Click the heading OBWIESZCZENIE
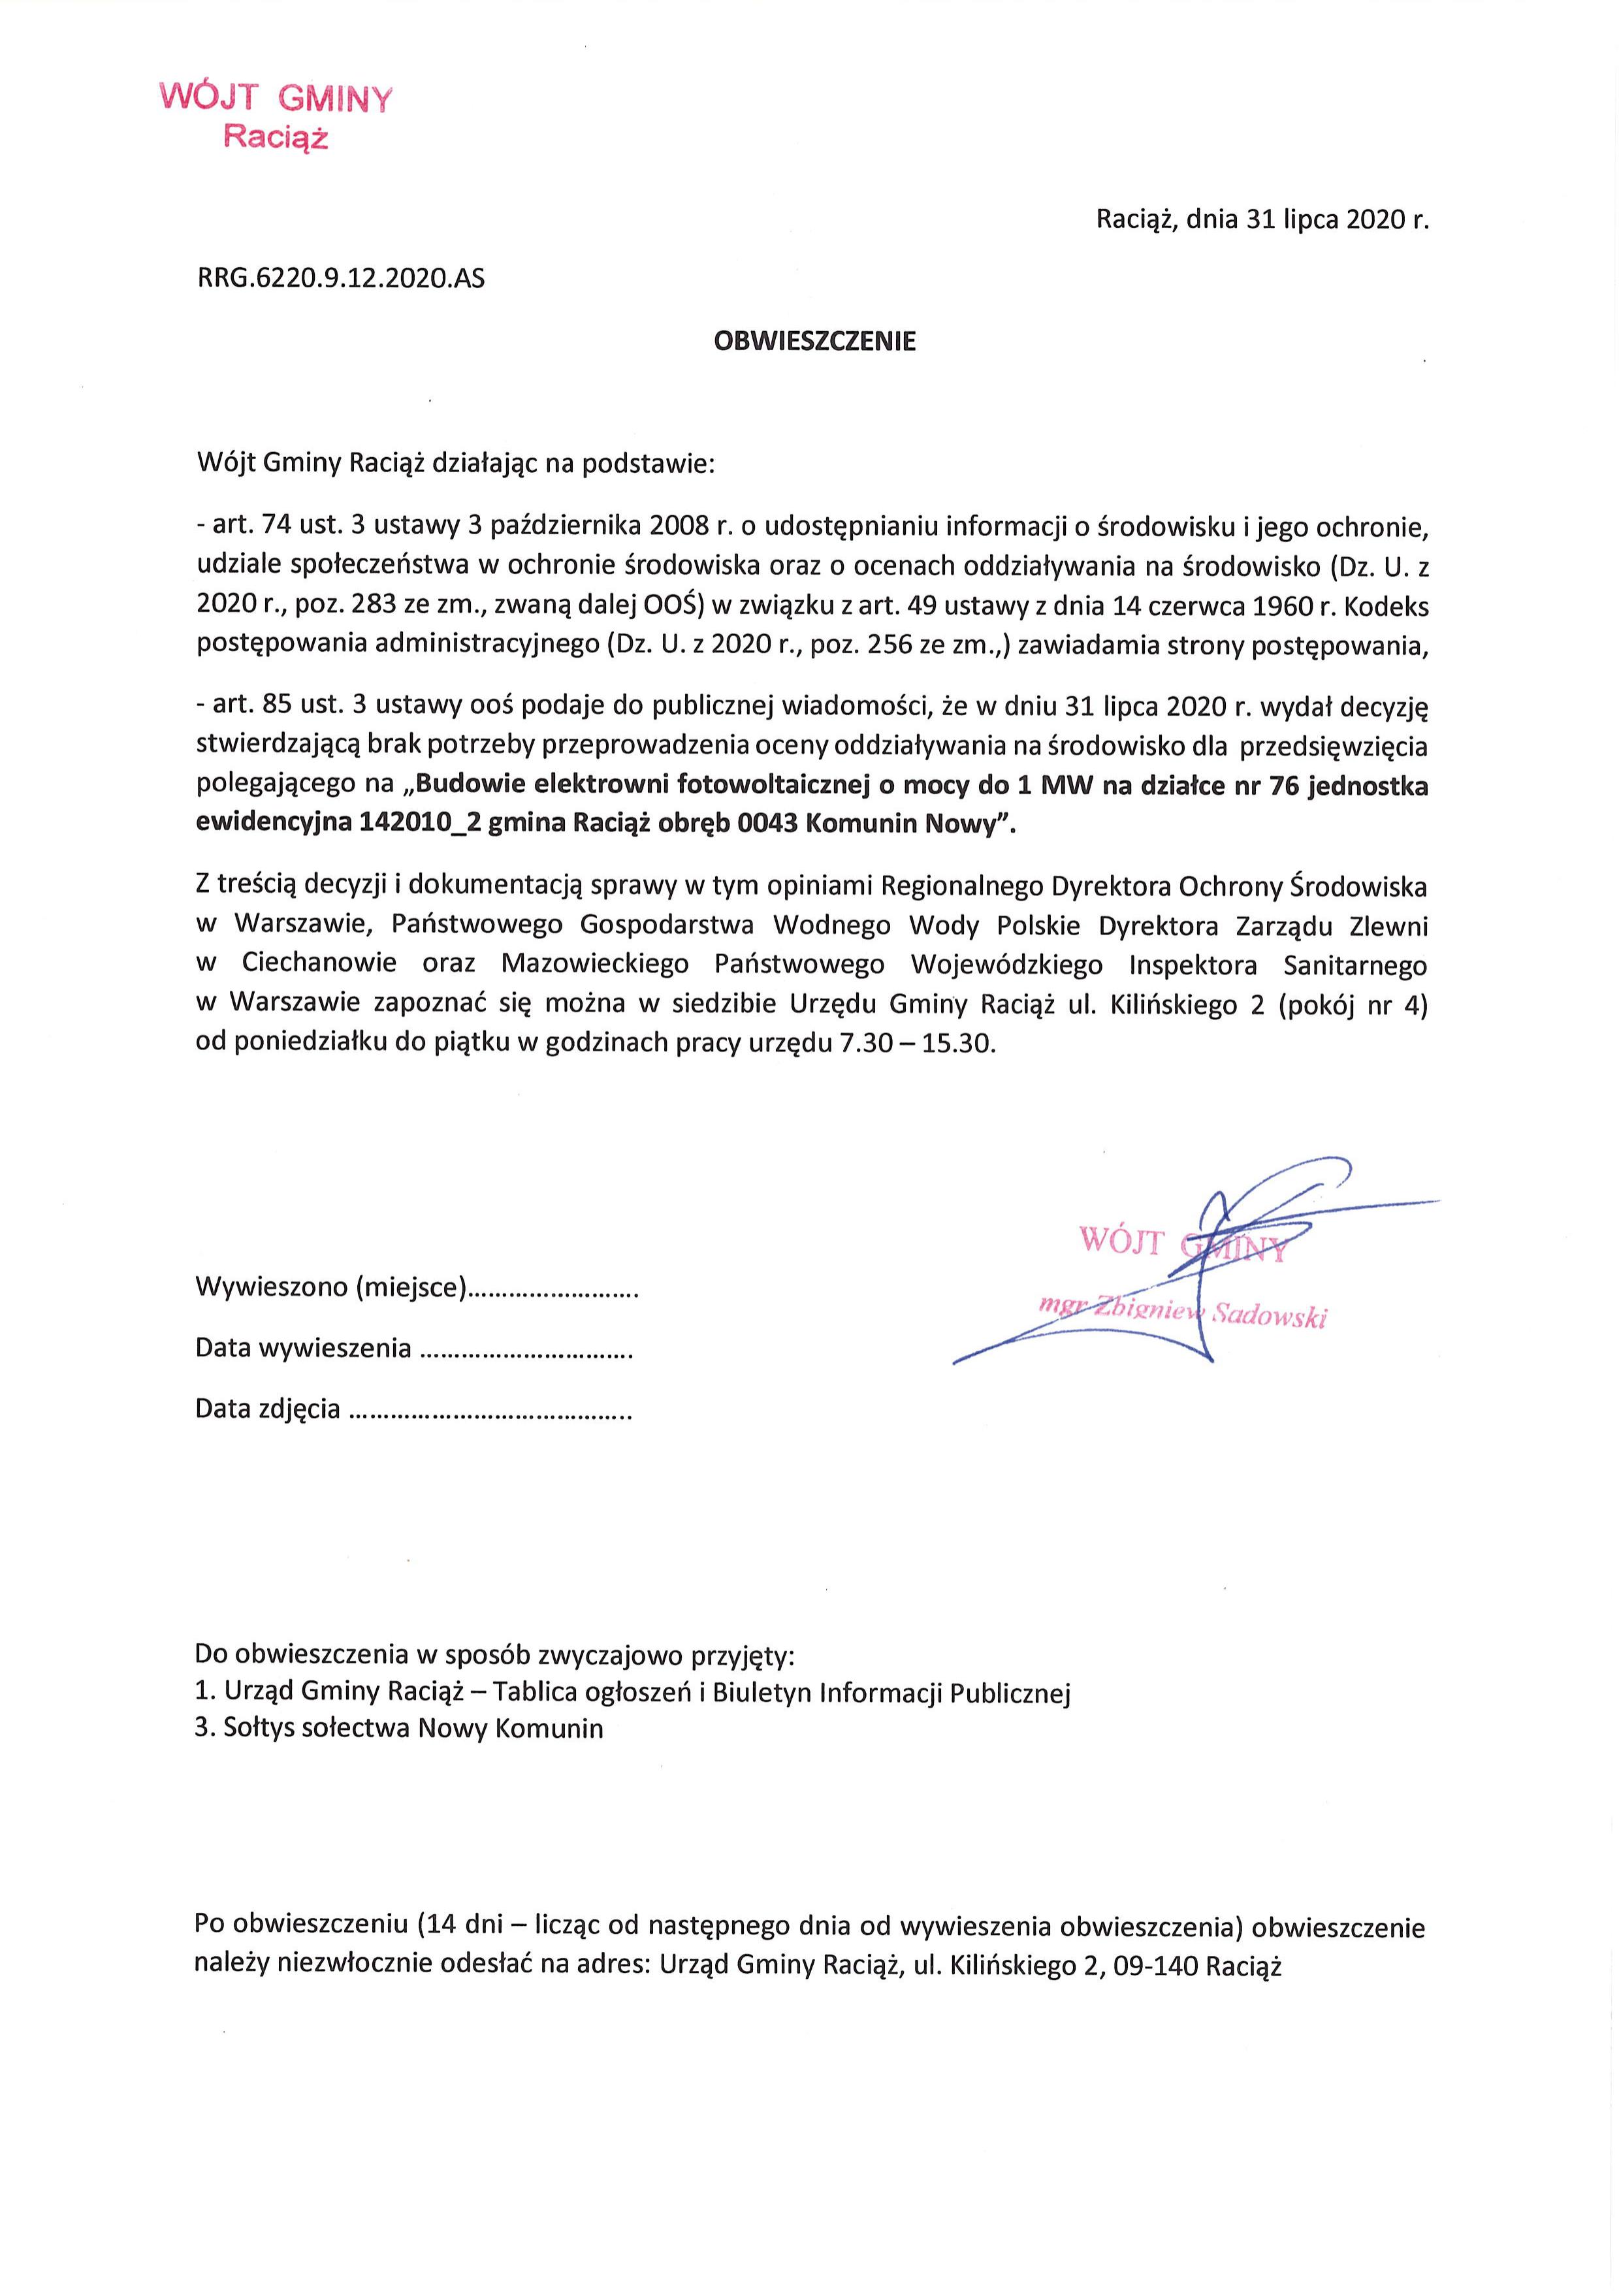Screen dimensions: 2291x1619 pyautogui.click(x=814, y=342)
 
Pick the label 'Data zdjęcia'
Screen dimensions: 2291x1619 pyautogui.click(x=267, y=1409)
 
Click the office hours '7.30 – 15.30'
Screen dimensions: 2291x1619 pyautogui.click(x=916, y=1045)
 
